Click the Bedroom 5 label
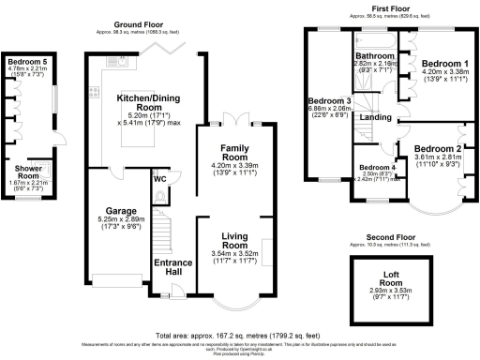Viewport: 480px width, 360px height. click(25, 60)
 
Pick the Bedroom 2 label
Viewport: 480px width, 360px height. click(438, 149)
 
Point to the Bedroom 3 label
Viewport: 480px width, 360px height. click(329, 100)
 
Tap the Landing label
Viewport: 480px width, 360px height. click(375, 117)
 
